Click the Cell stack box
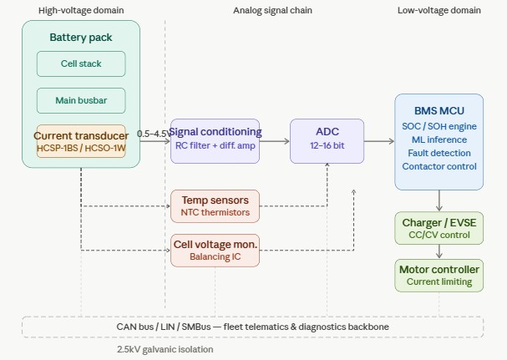(x=81, y=63)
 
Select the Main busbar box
(x=81, y=100)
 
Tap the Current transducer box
(x=81, y=140)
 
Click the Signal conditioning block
(x=215, y=139)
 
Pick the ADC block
(x=327, y=139)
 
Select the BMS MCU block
(x=439, y=141)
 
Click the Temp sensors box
(x=215, y=205)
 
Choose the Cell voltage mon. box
(x=215, y=250)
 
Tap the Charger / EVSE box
(x=439, y=228)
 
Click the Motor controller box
(x=439, y=275)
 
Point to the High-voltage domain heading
(x=81, y=10)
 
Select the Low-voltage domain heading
(x=439, y=10)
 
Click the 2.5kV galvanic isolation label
(x=165, y=349)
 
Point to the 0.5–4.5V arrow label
(x=153, y=133)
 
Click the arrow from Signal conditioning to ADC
(x=275, y=141)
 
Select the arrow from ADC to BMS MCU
(x=379, y=141)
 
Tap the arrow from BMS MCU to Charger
(x=439, y=200)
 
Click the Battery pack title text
(x=81, y=38)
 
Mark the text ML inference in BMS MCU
(x=439, y=139)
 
